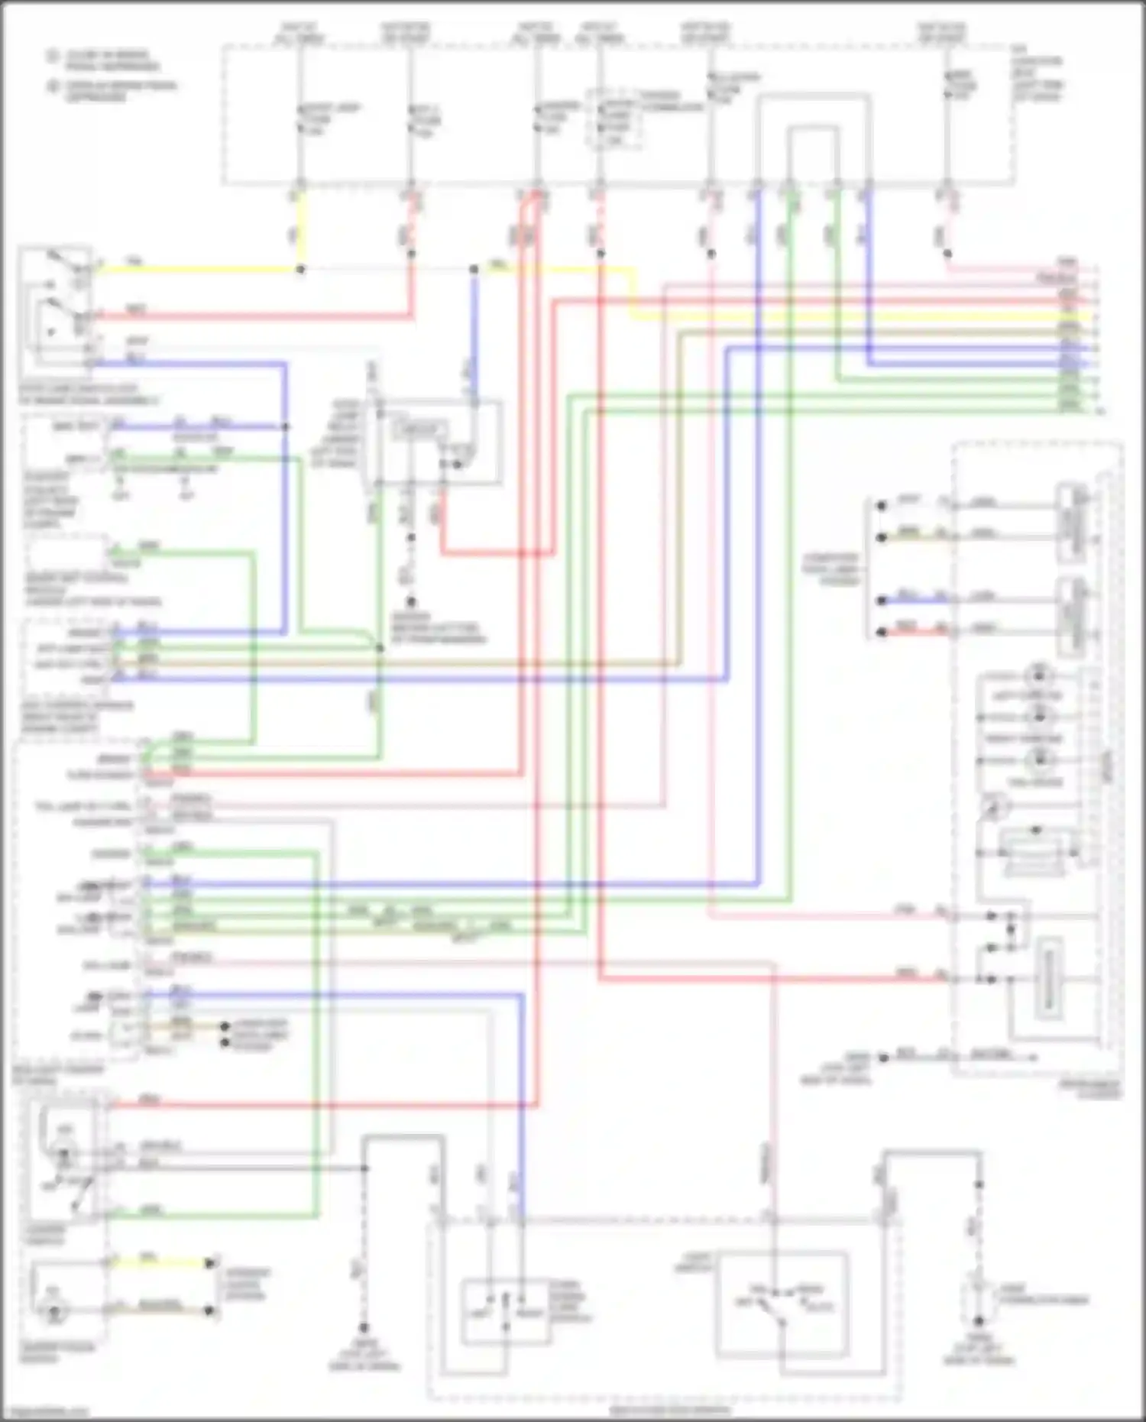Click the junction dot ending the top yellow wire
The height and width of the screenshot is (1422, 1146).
300,270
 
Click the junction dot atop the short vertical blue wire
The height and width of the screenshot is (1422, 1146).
474,270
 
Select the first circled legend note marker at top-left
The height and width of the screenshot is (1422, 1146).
53,57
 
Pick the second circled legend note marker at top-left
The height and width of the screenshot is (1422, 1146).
53,86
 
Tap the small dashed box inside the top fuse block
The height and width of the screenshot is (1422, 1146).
613,118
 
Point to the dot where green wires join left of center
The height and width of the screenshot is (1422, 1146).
380,649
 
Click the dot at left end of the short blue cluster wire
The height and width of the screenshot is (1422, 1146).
882,601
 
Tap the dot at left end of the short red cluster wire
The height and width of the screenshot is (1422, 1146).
882,633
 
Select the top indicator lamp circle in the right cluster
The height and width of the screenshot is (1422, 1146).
1039,675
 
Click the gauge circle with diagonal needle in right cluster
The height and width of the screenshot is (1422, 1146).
993,807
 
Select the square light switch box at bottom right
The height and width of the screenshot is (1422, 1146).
782,1302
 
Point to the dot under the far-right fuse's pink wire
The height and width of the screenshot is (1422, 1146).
947,254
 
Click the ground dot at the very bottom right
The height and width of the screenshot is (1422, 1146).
978,1321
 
